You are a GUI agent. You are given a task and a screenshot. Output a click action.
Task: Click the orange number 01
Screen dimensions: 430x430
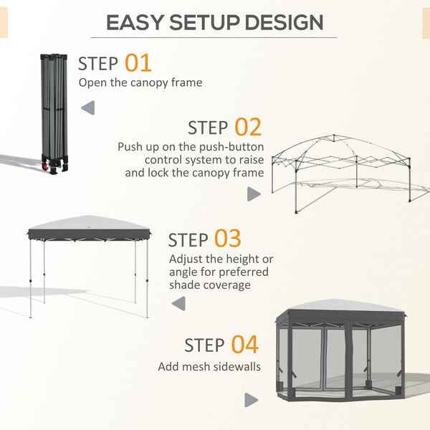click(x=138, y=62)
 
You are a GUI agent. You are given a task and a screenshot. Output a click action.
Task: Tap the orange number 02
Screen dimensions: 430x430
click(x=248, y=128)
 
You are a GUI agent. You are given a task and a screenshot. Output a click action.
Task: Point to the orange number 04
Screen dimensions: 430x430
click(x=244, y=345)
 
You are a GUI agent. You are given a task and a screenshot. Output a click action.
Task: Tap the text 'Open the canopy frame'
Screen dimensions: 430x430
click(x=140, y=82)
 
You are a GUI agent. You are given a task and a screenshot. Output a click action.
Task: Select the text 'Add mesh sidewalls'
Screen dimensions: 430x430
click(x=208, y=366)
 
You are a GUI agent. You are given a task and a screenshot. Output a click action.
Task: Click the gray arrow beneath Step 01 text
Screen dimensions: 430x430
click(x=87, y=108)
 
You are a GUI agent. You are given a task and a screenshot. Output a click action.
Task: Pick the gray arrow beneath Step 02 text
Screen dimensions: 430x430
click(x=253, y=193)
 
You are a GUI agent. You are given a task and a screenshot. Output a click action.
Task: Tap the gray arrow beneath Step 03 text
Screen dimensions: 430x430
click(x=178, y=305)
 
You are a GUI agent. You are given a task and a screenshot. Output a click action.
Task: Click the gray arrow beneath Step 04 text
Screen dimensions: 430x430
click(x=251, y=400)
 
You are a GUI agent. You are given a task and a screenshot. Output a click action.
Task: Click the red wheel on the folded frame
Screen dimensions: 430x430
click(x=52, y=168)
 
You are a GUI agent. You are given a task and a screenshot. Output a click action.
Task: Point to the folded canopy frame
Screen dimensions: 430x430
click(x=55, y=107)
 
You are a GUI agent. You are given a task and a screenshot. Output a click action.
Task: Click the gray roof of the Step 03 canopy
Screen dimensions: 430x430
click(x=89, y=225)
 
